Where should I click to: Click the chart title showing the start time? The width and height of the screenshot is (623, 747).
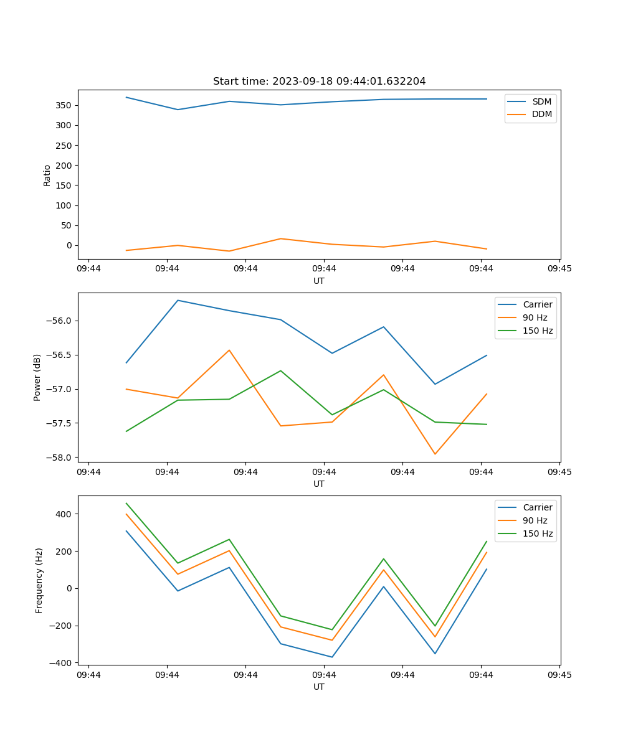click(319, 82)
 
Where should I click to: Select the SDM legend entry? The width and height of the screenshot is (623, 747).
click(541, 101)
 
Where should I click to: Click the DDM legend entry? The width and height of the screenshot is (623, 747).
click(541, 114)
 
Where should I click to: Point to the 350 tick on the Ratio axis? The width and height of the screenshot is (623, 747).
click(66, 105)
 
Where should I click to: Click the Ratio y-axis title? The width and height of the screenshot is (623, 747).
click(47, 175)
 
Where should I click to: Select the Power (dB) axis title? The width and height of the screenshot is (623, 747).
click(37, 377)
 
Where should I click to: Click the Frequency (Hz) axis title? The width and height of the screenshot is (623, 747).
click(39, 580)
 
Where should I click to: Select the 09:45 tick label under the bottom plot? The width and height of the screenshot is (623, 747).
click(559, 674)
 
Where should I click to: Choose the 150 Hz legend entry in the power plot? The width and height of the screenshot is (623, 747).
click(538, 331)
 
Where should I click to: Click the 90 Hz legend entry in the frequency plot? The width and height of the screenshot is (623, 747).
click(535, 520)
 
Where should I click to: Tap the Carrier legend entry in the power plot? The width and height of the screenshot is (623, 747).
click(537, 304)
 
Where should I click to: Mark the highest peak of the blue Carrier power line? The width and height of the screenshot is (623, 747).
click(178, 300)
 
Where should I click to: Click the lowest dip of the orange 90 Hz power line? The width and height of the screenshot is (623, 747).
click(435, 454)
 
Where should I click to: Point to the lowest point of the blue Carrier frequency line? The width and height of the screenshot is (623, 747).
click(332, 657)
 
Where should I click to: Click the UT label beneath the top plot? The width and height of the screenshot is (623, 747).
click(319, 281)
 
